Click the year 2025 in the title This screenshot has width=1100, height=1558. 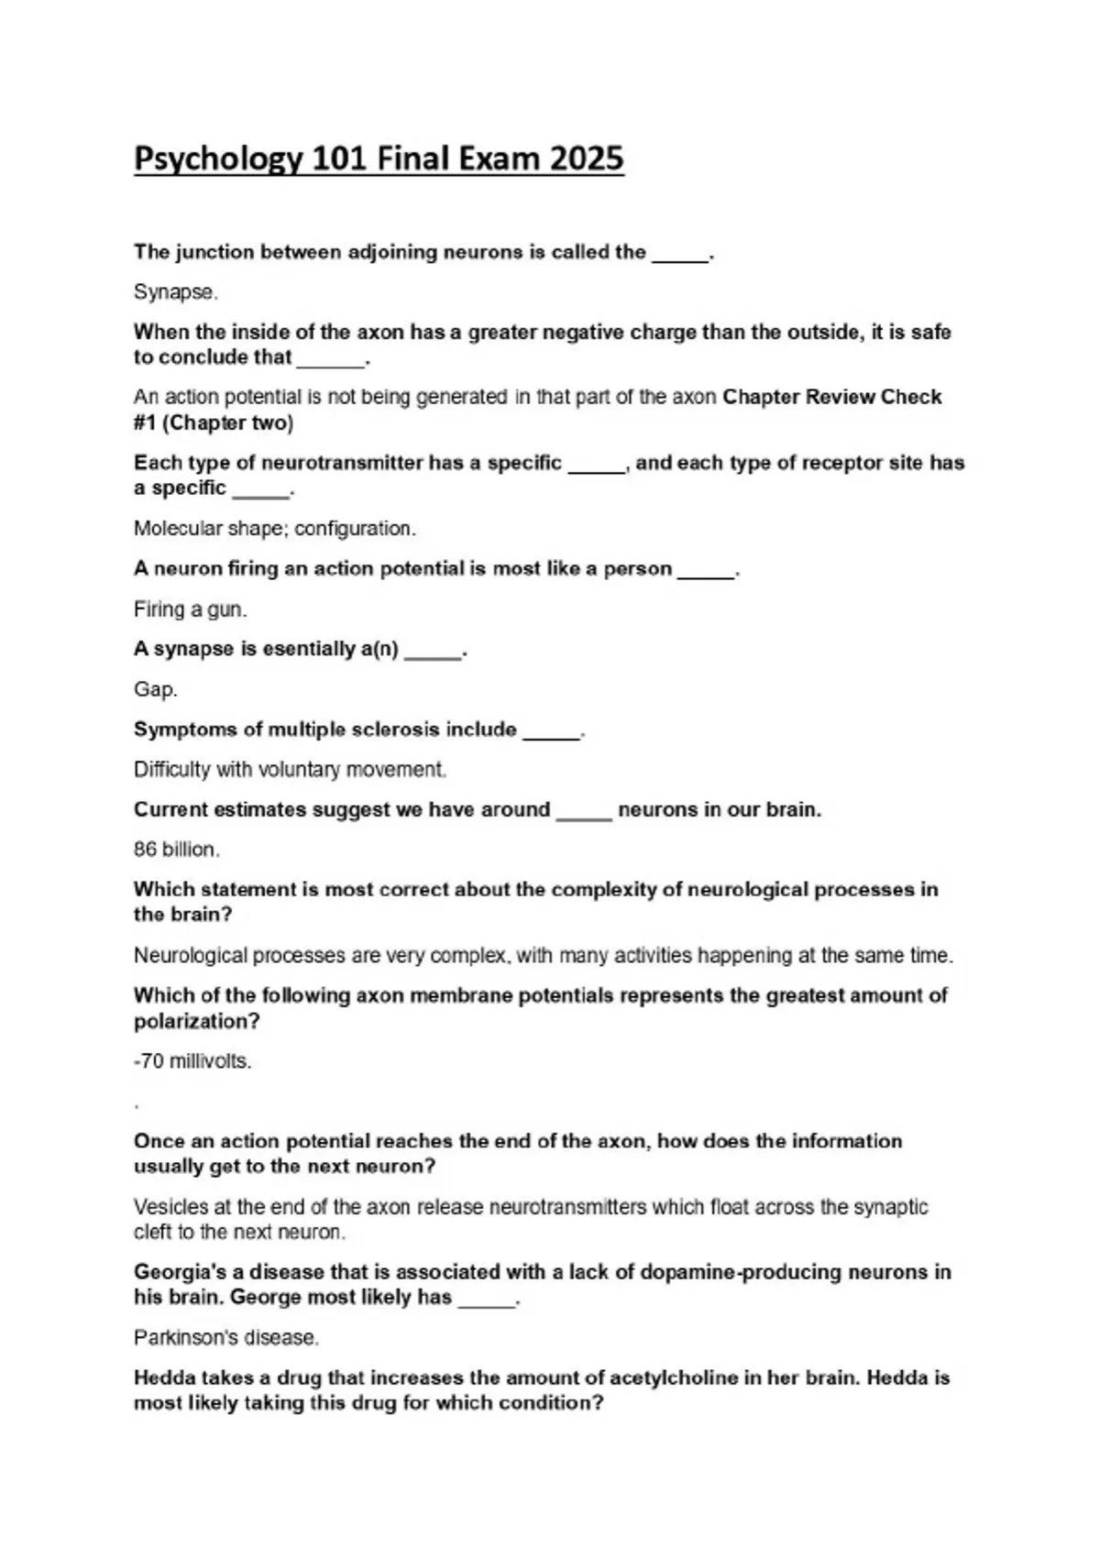click(x=587, y=159)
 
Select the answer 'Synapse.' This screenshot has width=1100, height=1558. click(x=176, y=292)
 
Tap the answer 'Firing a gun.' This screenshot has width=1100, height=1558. click(x=191, y=609)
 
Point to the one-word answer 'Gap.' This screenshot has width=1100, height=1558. click(x=156, y=689)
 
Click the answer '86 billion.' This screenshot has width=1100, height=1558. click(x=177, y=850)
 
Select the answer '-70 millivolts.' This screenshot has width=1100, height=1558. click(x=192, y=1061)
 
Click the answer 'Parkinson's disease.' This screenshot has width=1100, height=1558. click(x=226, y=1338)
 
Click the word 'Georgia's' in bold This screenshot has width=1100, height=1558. click(x=176, y=1272)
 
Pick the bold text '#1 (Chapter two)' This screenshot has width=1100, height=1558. click(x=214, y=423)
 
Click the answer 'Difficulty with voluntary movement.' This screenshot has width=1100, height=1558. click(x=290, y=770)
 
